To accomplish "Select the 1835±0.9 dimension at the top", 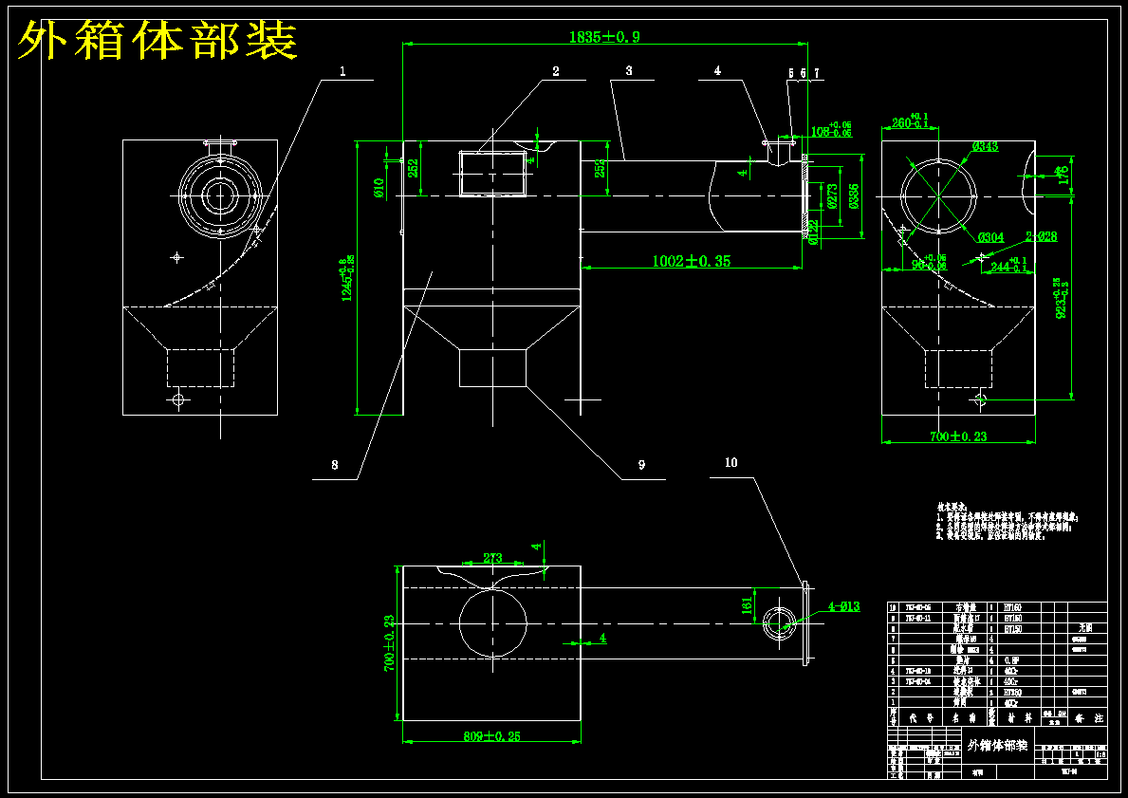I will click(x=604, y=37).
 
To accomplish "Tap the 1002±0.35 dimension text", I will click(x=691, y=261).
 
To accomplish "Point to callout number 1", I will click(x=342, y=71).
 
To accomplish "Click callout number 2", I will click(x=556, y=71).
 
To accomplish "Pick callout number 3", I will click(x=628, y=70).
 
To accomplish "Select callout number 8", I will click(x=334, y=466).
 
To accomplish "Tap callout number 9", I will click(x=641, y=465).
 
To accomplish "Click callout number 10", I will click(x=730, y=463).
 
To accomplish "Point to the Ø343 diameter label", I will click(x=986, y=146).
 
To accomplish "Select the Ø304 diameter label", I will click(x=990, y=237).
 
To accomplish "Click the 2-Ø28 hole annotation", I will click(x=1041, y=236).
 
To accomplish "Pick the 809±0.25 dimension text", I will click(x=491, y=735).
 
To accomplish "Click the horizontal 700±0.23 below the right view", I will click(x=958, y=436).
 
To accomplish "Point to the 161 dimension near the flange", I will click(x=746, y=603).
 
